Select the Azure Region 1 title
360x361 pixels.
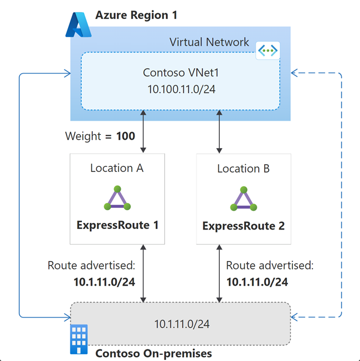pyautogui.click(x=136, y=15)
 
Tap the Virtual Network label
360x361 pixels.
pyautogui.click(x=209, y=42)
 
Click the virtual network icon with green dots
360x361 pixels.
pyautogui.click(x=268, y=50)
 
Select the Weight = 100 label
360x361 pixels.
pyautogui.click(x=100, y=136)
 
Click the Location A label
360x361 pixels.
pyautogui.click(x=117, y=168)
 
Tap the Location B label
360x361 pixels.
pyautogui.click(x=243, y=169)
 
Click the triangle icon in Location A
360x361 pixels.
pyautogui.click(x=117, y=198)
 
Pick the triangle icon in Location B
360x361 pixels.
pyautogui.click(x=243, y=199)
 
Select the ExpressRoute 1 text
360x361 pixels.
pyautogui.click(x=117, y=225)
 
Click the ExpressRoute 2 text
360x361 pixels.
pyautogui.click(x=243, y=226)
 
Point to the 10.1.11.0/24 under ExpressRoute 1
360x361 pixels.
pyautogui.click(x=104, y=282)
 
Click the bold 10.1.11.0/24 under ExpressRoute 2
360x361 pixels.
pyautogui.click(x=258, y=282)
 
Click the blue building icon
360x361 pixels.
pyautogui.click(x=79, y=339)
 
